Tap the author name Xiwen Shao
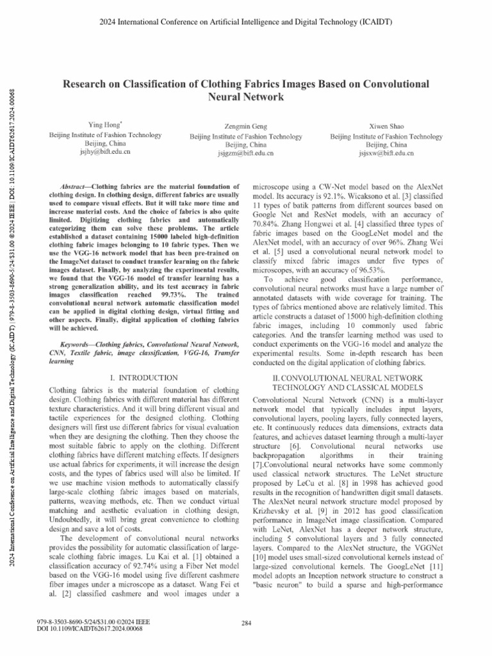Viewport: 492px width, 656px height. pyautogui.click(x=386, y=126)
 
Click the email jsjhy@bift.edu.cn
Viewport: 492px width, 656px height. pyautogui.click(x=106, y=153)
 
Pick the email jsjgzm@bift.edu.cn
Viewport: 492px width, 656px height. pyautogui.click(x=245, y=154)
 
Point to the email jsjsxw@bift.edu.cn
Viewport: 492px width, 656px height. pyautogui.click(x=386, y=154)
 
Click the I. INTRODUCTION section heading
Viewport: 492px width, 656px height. pyautogui.click(x=143, y=379)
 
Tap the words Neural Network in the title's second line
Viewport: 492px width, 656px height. pyautogui.click(x=246, y=98)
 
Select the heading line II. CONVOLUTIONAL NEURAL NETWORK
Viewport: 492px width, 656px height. pyautogui.click(x=347, y=379)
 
